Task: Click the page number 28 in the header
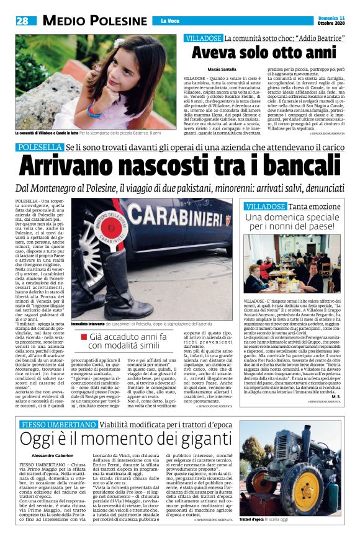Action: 22,20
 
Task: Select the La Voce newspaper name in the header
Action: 169,21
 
